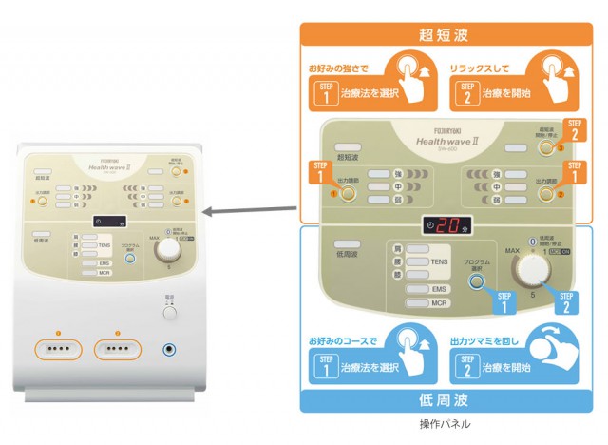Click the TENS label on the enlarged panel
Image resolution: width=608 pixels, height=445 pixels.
pyautogui.click(x=438, y=261)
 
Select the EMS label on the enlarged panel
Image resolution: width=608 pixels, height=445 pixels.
pyautogui.click(x=438, y=288)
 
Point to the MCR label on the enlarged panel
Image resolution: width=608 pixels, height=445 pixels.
pyautogui.click(x=438, y=303)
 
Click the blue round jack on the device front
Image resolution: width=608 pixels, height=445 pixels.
pyautogui.click(x=172, y=348)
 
